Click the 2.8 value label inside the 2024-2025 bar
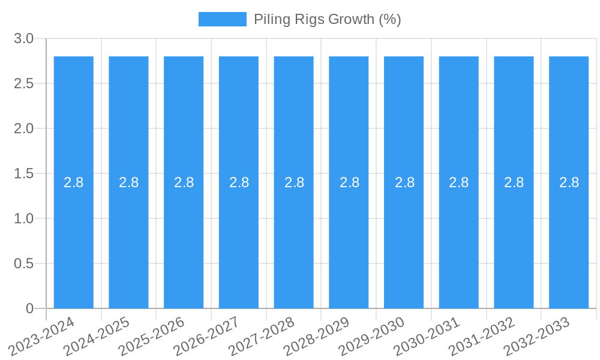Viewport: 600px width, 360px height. (129, 182)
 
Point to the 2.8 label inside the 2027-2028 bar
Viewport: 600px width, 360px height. (294, 182)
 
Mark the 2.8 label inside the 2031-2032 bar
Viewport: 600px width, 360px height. (514, 182)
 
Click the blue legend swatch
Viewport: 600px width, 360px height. (223, 19)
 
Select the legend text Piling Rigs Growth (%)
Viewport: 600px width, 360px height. (327, 19)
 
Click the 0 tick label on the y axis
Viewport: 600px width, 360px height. (30, 308)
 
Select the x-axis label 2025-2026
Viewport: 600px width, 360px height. (152, 337)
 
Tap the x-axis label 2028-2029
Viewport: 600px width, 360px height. (317, 337)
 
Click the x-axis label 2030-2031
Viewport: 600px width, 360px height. (427, 337)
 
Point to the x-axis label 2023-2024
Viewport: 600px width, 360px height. (42, 337)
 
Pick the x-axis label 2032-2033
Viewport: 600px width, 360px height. (537, 337)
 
